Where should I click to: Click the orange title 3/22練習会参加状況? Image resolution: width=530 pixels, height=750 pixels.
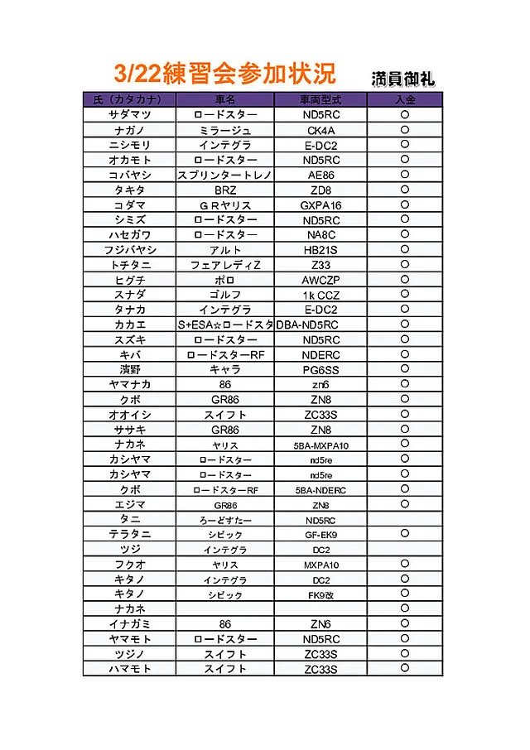coord(224,73)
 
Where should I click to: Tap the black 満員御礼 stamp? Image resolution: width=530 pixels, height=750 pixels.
coord(403,78)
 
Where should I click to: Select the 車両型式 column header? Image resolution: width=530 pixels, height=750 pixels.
coord(320,99)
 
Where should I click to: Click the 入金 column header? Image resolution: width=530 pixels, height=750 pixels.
coord(405,99)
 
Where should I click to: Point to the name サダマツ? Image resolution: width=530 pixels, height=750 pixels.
coord(129,115)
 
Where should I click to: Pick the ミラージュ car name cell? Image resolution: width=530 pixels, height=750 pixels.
coord(225,130)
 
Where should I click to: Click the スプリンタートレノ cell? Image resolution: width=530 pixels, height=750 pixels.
coord(225,175)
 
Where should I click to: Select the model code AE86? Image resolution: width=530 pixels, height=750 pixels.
coord(321,175)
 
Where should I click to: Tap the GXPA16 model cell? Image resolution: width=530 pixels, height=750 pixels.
coord(321,204)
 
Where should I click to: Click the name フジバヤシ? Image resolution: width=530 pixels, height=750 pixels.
coord(129,250)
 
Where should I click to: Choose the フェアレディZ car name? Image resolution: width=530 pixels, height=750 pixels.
coord(225,265)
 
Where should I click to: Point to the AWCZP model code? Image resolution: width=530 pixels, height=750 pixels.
coord(321,280)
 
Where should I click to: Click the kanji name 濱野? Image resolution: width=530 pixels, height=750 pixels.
coord(129,369)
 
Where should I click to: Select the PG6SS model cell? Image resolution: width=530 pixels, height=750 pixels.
coord(321,369)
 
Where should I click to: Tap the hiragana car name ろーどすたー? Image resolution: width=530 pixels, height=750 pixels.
coord(225,520)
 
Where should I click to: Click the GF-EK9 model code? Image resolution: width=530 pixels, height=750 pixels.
coord(321,535)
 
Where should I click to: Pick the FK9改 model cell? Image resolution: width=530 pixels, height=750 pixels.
coord(321,594)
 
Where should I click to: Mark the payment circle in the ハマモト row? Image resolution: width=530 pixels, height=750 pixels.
coord(405,668)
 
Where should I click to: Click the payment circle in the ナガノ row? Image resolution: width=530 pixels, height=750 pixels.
coord(405,130)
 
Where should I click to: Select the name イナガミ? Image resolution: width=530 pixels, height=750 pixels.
coord(129,624)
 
